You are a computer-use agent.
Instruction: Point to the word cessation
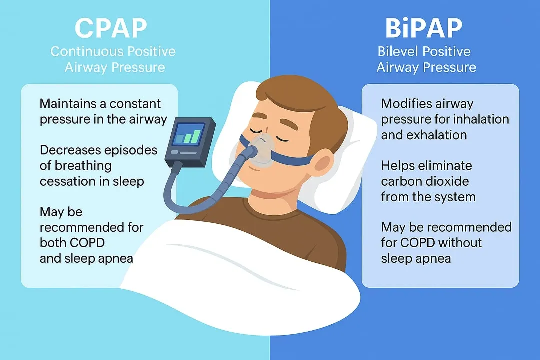tap(68, 181)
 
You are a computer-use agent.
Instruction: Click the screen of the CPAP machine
tap(188, 134)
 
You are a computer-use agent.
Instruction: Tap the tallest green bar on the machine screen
tap(196, 136)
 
